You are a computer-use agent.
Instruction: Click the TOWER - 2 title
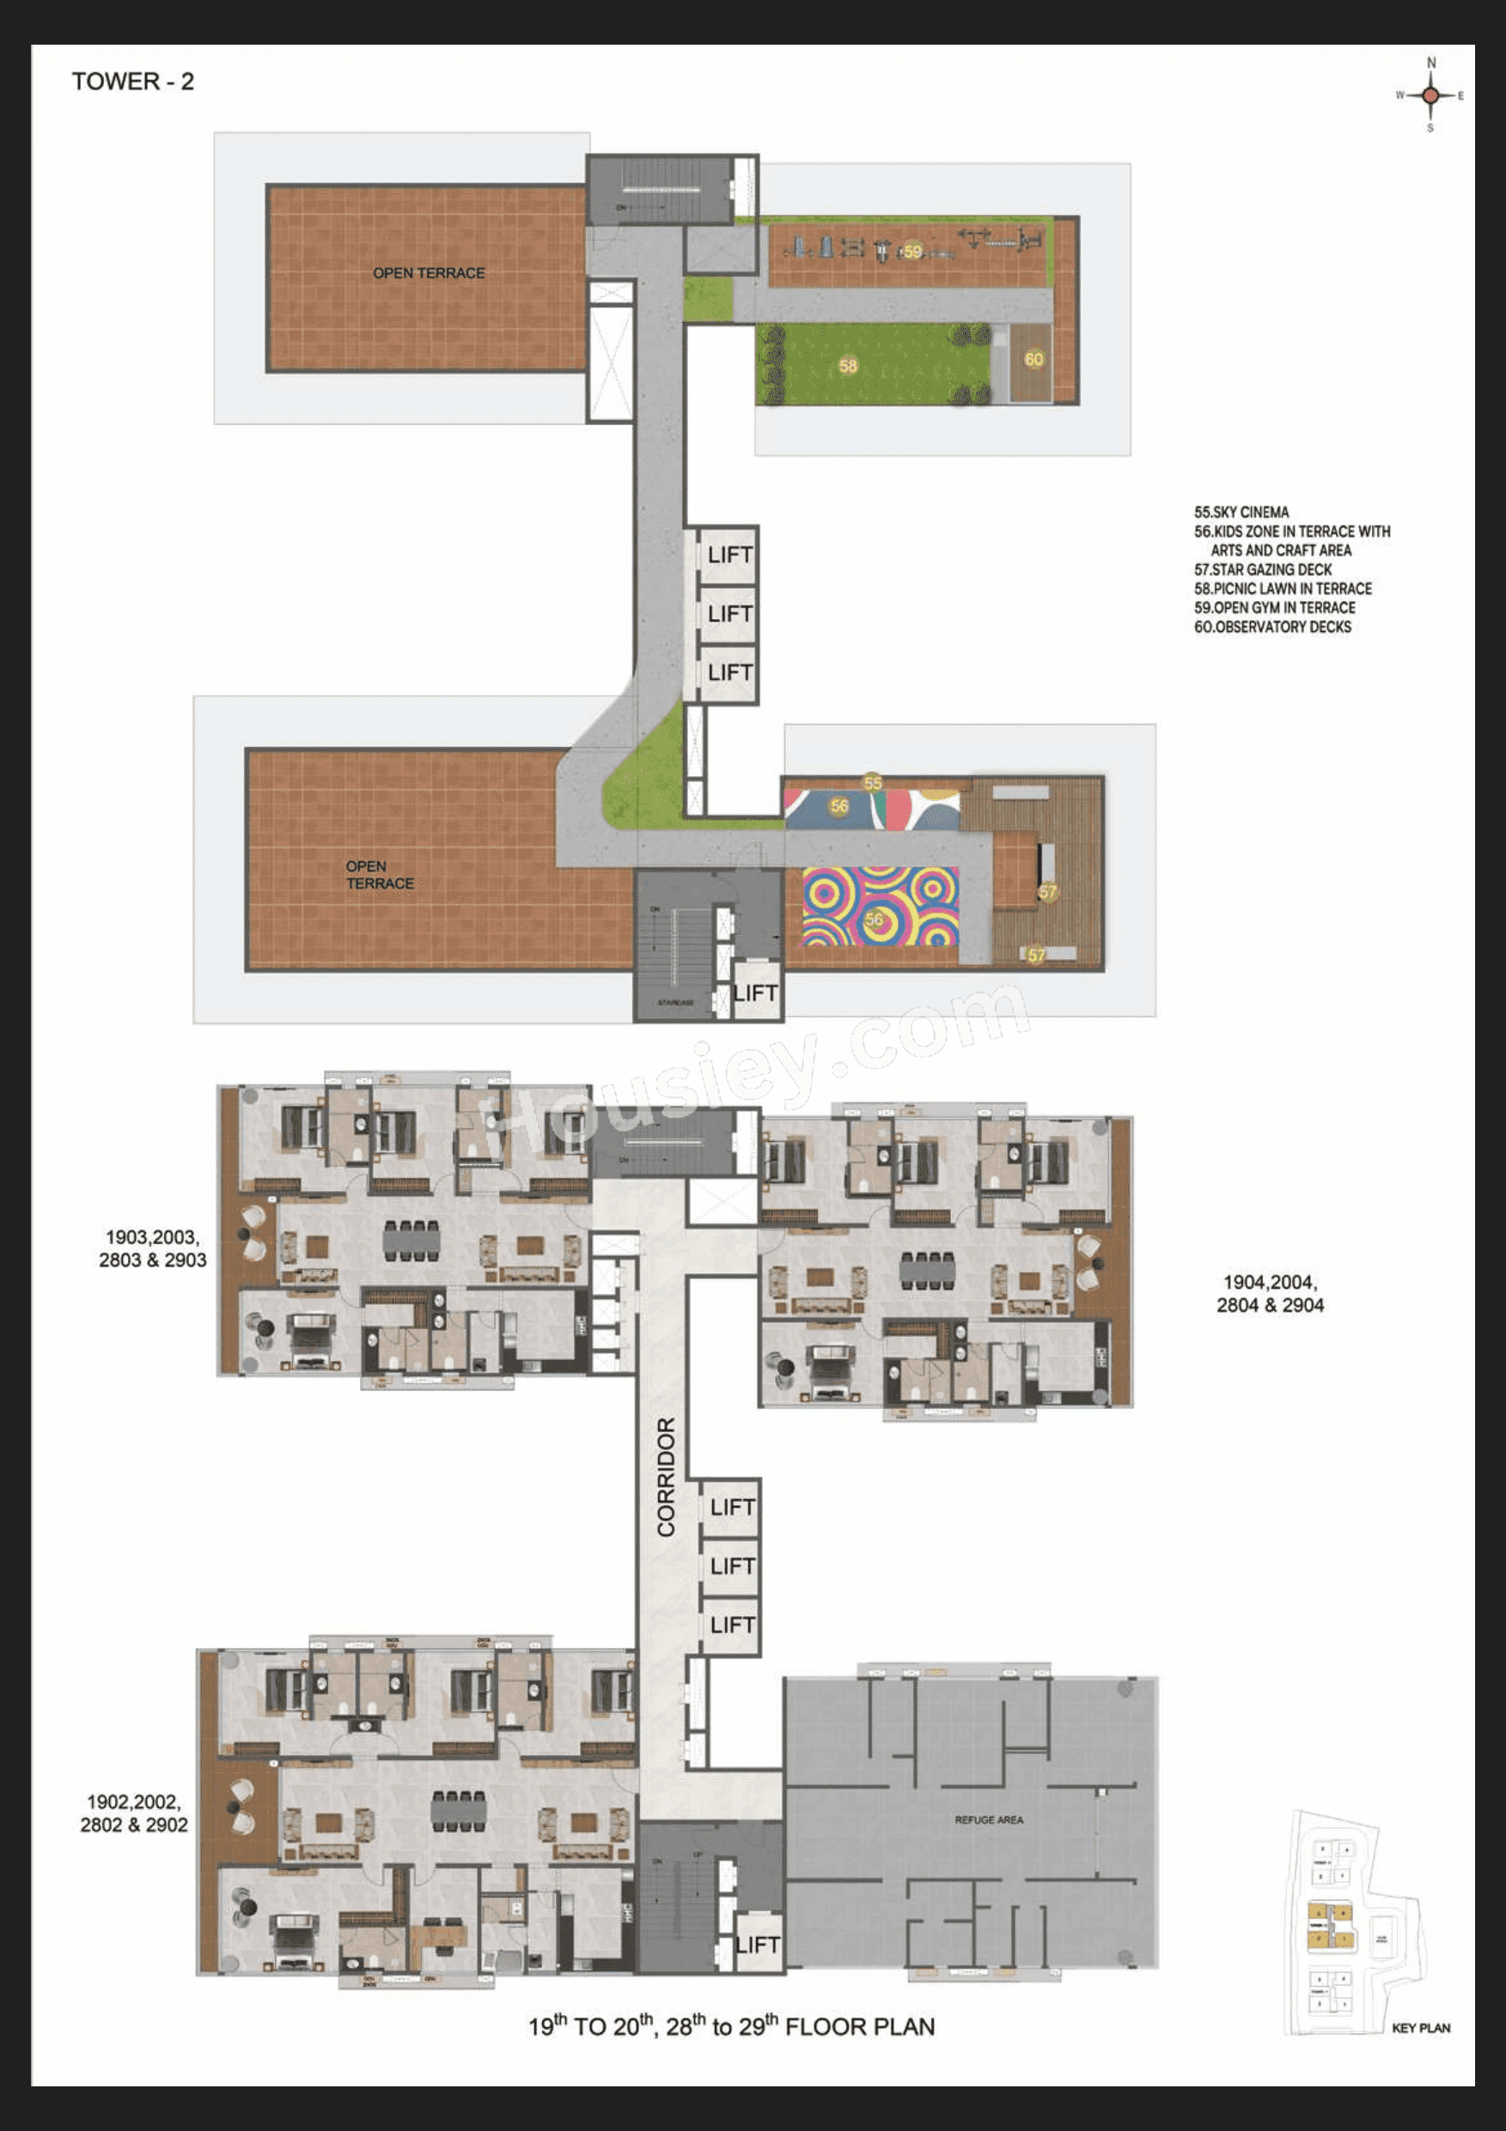[x=133, y=82]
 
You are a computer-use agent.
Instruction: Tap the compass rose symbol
[x=1430, y=94]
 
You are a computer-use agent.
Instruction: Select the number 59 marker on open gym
[x=912, y=252]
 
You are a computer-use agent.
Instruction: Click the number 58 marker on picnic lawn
[x=848, y=366]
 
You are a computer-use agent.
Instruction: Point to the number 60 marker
[x=1033, y=359]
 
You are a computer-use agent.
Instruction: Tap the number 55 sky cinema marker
[x=872, y=782]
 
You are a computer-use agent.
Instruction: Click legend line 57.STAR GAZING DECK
[x=1263, y=569]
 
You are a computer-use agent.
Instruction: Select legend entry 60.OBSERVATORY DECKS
[x=1272, y=627]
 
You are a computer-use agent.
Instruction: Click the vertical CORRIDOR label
[x=666, y=1477]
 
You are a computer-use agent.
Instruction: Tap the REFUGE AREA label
[x=989, y=1819]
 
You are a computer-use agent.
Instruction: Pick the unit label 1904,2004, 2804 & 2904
[x=1269, y=1293]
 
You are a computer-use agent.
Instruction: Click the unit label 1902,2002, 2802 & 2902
[x=134, y=1812]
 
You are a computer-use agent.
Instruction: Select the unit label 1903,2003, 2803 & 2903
[x=152, y=1248]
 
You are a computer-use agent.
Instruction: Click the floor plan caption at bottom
[x=731, y=2026]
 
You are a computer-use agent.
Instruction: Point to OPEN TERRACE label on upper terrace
[x=428, y=273]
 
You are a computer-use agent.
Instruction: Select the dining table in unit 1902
[x=458, y=1810]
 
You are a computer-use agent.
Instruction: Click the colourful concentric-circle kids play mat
[x=879, y=907]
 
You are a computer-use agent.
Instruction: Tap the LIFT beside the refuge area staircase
[x=757, y=1945]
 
